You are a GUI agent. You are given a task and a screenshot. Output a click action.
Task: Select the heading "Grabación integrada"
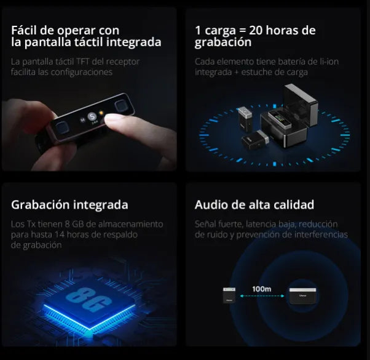click(x=69, y=205)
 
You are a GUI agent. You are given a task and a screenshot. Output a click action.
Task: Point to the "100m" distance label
click(x=262, y=289)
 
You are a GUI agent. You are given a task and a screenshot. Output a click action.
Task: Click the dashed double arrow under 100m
click(x=262, y=296)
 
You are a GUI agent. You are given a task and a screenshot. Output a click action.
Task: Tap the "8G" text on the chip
click(x=89, y=299)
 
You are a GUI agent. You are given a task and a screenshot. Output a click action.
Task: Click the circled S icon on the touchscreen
click(x=92, y=116)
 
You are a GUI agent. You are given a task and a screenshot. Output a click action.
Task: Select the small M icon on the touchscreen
click(x=82, y=120)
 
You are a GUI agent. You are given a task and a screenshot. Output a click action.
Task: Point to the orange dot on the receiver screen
click(x=101, y=113)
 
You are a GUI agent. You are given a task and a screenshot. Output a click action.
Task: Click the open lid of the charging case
click(x=301, y=104)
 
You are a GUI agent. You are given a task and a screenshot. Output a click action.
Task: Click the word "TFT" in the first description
click(x=83, y=62)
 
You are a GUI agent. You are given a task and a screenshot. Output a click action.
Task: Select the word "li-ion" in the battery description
click(x=329, y=62)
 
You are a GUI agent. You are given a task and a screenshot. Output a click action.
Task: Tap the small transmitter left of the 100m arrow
click(x=229, y=295)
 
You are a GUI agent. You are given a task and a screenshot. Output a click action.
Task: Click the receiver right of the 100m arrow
click(x=303, y=296)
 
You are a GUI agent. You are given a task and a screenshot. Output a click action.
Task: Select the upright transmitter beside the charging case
click(x=245, y=118)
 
